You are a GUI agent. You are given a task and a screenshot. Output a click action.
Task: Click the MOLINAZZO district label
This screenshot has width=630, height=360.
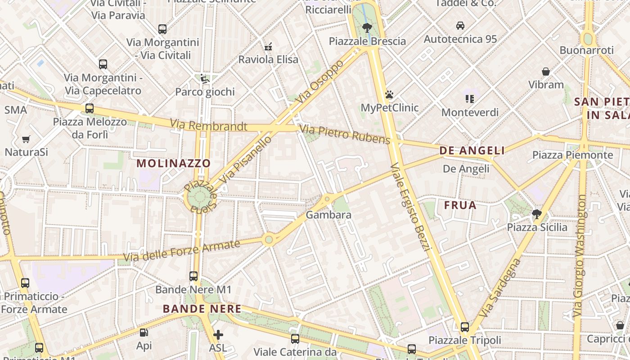(x=174, y=163)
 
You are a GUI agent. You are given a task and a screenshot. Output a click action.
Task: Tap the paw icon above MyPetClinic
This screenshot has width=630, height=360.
(x=389, y=94)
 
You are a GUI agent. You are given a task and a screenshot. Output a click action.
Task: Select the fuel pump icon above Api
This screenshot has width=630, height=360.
(x=144, y=333)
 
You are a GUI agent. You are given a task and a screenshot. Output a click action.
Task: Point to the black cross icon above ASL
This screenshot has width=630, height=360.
(x=218, y=335)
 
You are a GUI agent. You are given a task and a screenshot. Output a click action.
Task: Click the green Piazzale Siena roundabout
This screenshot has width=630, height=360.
(x=198, y=197)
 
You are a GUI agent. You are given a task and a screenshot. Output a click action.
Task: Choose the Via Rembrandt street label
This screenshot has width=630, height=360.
(x=208, y=126)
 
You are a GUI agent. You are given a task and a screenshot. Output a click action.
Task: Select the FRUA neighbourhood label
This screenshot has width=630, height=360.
(x=460, y=206)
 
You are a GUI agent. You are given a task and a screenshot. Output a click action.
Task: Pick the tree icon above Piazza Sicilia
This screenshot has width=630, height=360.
(x=536, y=214)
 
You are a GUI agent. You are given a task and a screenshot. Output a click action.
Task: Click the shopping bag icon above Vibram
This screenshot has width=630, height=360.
(x=546, y=72)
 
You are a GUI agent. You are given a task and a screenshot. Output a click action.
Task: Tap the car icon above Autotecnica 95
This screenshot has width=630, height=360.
(x=460, y=26)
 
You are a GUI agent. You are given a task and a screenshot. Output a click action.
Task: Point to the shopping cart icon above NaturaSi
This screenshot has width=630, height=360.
(x=26, y=139)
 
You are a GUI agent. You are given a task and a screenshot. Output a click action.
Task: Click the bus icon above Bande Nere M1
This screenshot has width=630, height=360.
(x=193, y=276)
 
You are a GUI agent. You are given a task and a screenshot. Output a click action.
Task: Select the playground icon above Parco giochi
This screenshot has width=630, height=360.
(x=205, y=78)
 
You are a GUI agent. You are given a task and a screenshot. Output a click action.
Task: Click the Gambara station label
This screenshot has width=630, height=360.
(x=328, y=215)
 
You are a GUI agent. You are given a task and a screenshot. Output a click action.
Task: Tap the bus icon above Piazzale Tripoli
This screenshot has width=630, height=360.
(x=464, y=327)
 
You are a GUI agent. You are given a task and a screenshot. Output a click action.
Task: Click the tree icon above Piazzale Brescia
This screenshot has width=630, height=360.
(x=367, y=27)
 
